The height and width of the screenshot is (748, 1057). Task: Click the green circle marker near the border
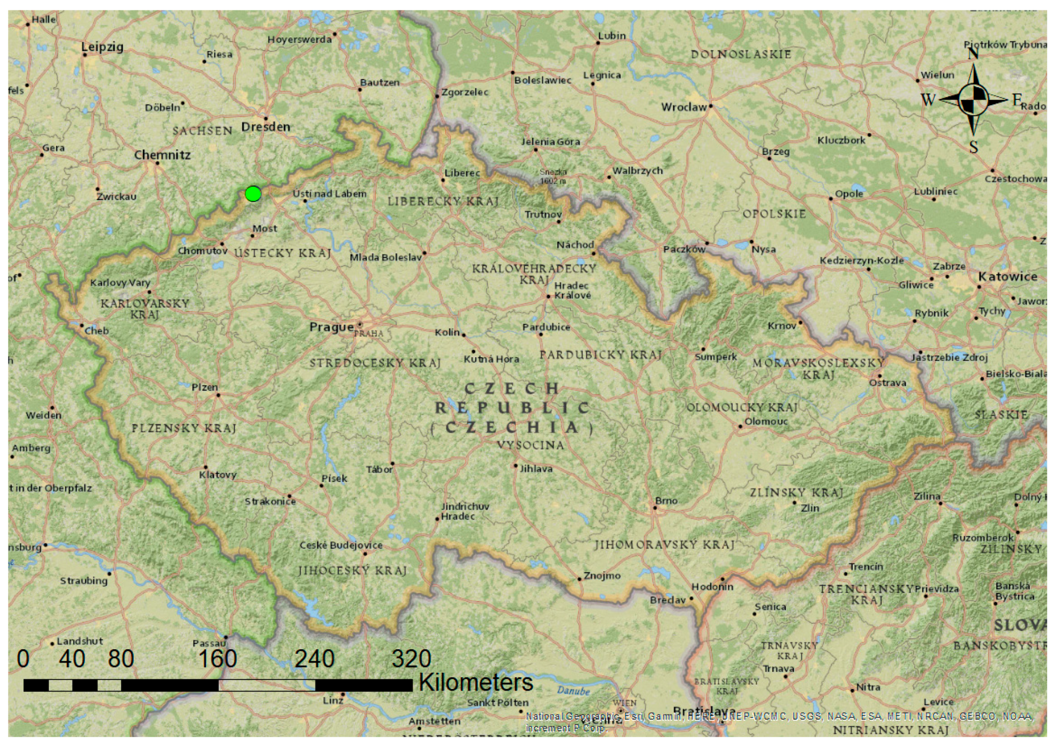[x=253, y=193]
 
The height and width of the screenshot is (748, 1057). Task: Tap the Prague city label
[x=331, y=327]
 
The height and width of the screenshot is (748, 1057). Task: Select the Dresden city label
[x=266, y=127]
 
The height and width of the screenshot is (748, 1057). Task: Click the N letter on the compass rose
[x=973, y=54]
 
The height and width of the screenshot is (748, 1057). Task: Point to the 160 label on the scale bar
[x=217, y=659]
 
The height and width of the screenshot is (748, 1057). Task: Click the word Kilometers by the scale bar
[x=476, y=682]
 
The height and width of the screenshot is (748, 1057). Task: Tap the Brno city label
[x=666, y=501]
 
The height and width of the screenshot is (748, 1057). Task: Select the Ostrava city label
[x=887, y=383]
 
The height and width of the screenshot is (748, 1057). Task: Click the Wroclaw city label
[x=684, y=107]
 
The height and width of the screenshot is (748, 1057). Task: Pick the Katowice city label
[x=1008, y=277]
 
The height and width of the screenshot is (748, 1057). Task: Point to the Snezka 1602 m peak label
[x=553, y=176]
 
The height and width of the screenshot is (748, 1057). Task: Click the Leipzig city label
[x=102, y=47]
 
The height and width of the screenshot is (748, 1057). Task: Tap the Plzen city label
[x=205, y=387]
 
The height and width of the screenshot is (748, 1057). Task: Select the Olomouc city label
[x=766, y=422]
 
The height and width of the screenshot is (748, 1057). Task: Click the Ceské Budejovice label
[x=341, y=546]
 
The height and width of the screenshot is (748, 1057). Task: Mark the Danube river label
[x=573, y=691]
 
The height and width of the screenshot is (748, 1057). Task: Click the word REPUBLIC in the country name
[x=513, y=408]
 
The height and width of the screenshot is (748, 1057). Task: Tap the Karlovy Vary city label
[x=120, y=283]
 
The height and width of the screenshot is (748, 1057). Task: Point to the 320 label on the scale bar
[x=411, y=659]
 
